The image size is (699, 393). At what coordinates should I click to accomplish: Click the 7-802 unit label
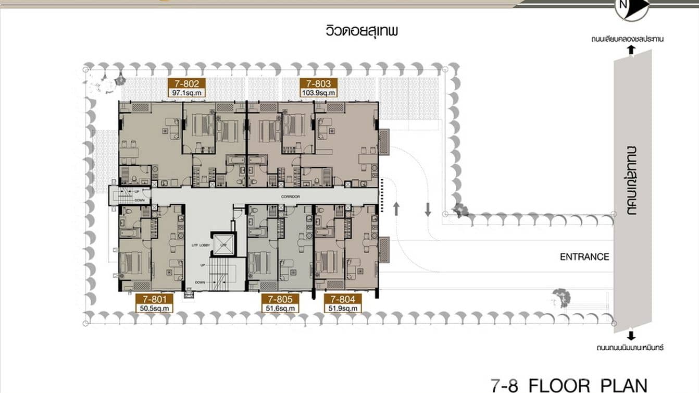point(186,83)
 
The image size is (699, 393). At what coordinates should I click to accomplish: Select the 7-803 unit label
point(319,83)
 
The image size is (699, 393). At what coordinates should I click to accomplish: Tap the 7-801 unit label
point(154,299)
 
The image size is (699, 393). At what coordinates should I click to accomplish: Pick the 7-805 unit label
point(280,299)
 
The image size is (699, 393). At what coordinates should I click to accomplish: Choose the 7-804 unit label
point(343,299)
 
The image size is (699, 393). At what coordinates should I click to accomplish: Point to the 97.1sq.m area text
point(186,92)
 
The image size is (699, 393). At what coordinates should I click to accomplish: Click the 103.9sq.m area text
point(319,92)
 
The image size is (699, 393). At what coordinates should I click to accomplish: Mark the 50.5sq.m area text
point(154,308)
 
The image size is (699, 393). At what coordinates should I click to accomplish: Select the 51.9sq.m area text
point(343,308)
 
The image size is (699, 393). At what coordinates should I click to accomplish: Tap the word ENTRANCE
point(584,257)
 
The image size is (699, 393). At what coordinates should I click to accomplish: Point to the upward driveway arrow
point(396,209)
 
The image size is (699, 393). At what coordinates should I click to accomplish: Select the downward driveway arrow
point(428,209)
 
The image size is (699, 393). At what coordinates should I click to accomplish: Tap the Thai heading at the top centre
point(360,31)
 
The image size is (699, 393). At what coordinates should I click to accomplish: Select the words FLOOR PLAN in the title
point(588,385)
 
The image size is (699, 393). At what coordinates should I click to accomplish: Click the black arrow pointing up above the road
point(631,50)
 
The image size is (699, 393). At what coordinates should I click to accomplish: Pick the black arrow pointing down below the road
point(631,336)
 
